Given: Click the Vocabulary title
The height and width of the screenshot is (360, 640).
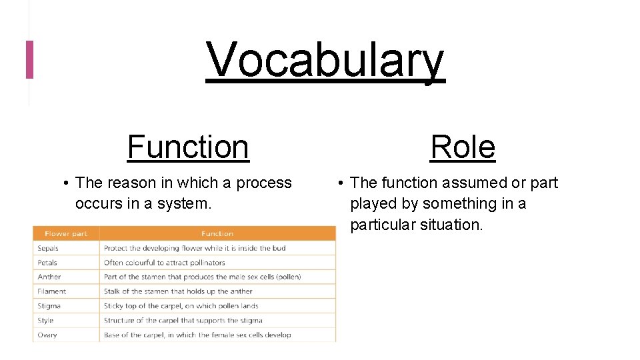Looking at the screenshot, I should pyautogui.click(x=325, y=60).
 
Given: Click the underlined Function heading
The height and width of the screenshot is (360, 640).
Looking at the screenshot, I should pyautogui.click(x=188, y=147).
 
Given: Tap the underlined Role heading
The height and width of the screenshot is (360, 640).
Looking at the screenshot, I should pyautogui.click(x=463, y=147).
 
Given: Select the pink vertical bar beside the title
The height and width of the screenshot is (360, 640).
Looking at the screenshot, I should pyautogui.click(x=29, y=59).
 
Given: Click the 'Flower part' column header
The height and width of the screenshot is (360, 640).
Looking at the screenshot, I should pyautogui.click(x=65, y=234).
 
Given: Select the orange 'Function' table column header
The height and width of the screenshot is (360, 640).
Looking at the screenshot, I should pyautogui.click(x=217, y=234).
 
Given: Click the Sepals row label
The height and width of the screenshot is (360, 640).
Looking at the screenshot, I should pyautogui.click(x=48, y=248).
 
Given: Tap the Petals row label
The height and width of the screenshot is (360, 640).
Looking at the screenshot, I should pyautogui.click(x=47, y=263).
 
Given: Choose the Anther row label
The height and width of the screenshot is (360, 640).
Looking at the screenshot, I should pyautogui.click(x=49, y=277).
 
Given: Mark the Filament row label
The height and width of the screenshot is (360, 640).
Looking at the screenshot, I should pyautogui.click(x=51, y=291).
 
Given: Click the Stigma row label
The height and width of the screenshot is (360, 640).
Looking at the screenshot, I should pyautogui.click(x=49, y=306).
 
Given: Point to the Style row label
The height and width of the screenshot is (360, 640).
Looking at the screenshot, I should pyautogui.click(x=45, y=321).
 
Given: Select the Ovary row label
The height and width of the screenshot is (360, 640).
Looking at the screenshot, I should pyautogui.click(x=47, y=335).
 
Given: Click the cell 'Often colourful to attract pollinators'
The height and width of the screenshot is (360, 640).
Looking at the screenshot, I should pyautogui.click(x=164, y=263).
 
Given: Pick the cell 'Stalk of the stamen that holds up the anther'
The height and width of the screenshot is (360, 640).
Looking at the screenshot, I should pyautogui.click(x=178, y=291).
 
